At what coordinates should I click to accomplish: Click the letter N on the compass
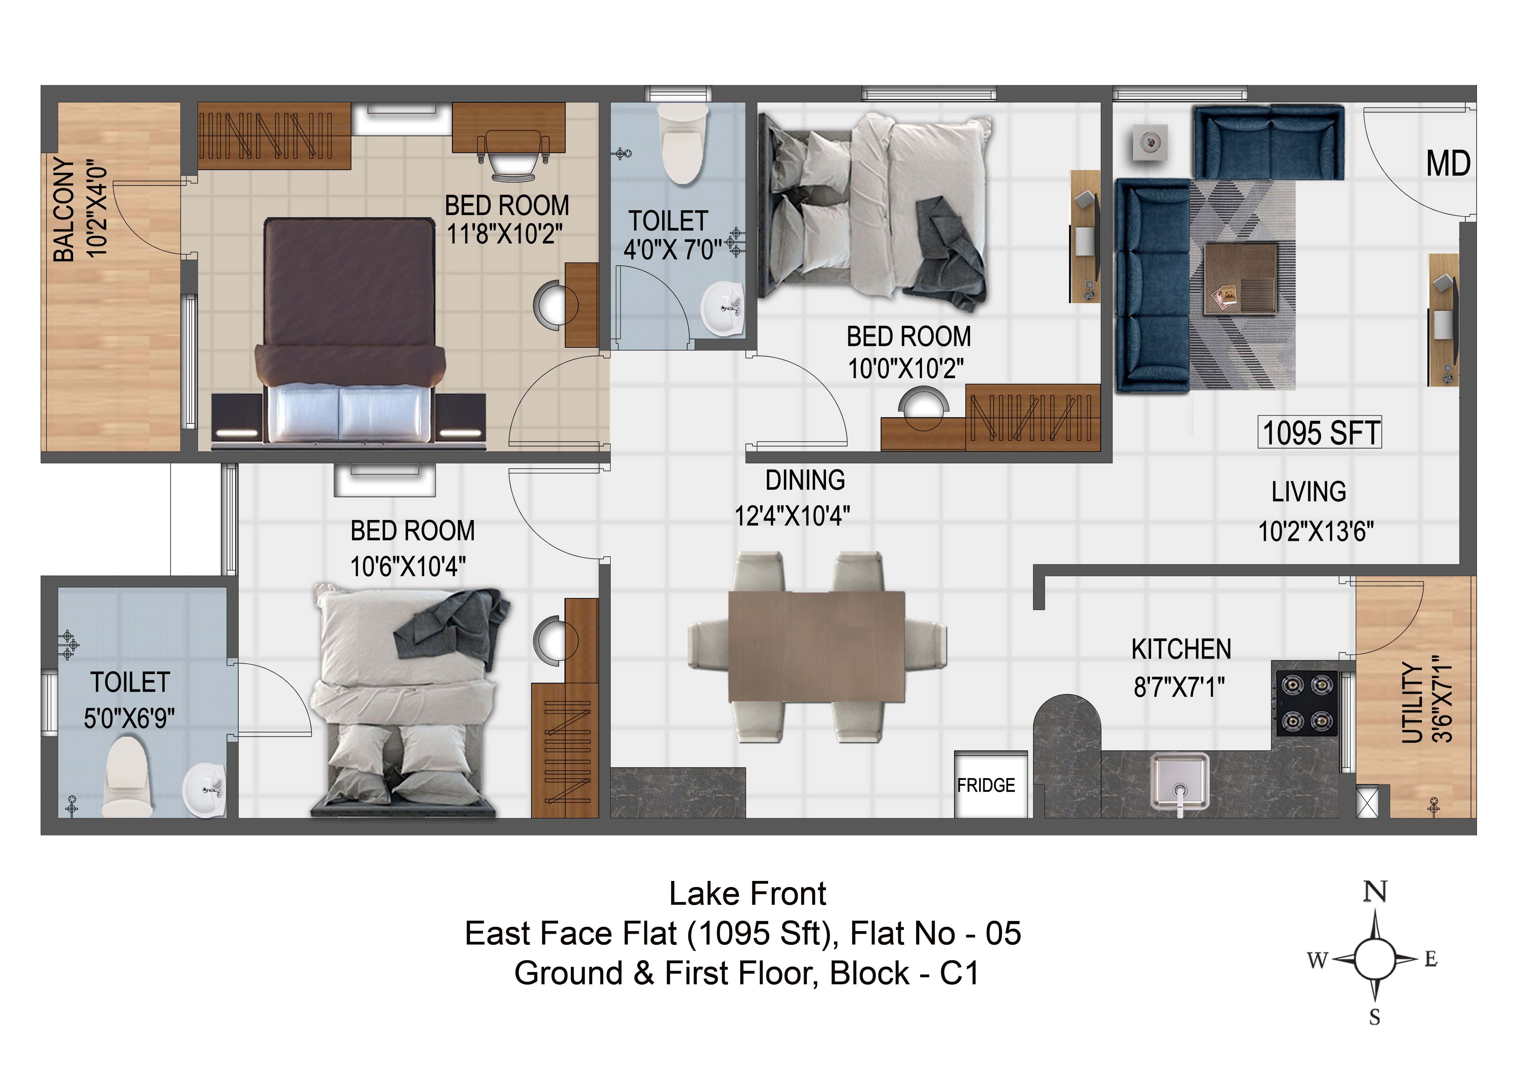coord(1376,892)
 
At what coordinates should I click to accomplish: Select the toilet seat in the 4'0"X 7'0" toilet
coord(683,145)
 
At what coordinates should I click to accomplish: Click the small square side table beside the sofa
coord(1150,142)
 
